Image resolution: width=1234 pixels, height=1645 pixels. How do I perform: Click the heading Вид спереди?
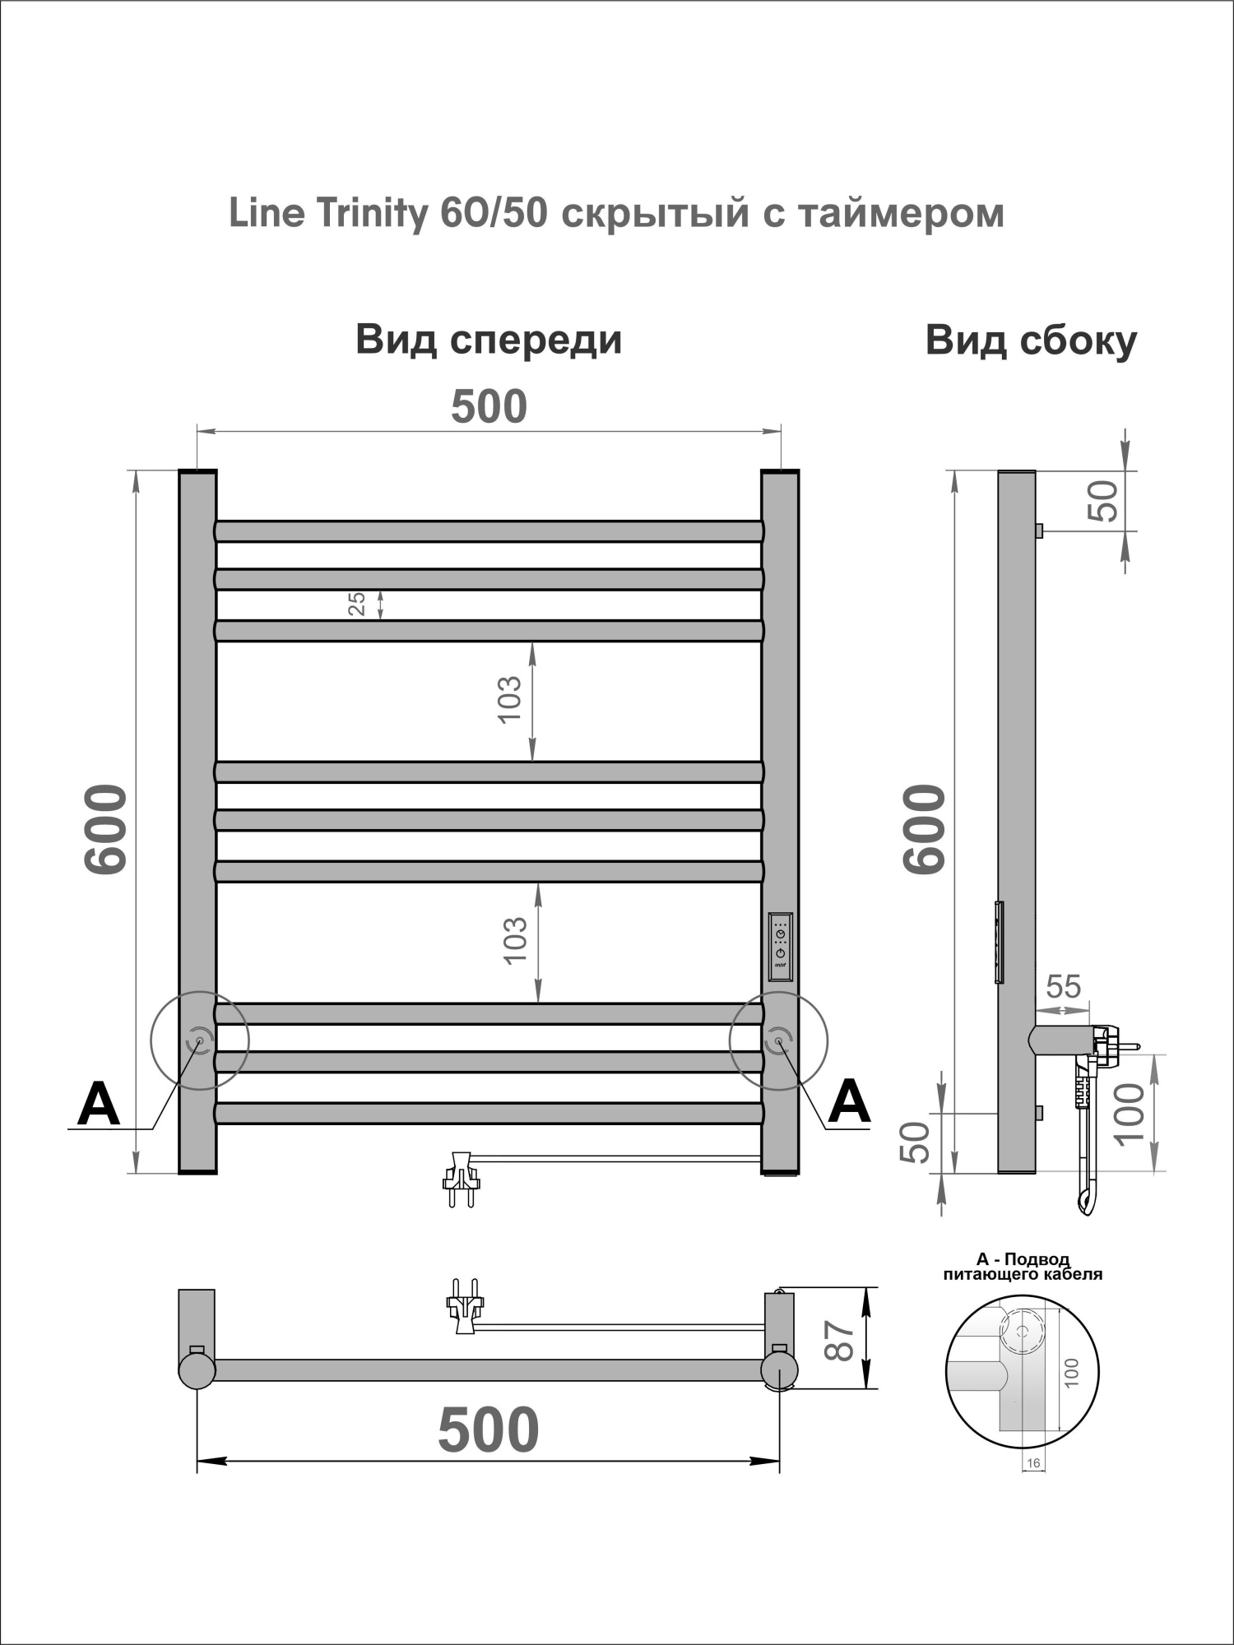(489, 340)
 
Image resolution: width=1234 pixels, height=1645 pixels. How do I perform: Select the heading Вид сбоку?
(1031, 340)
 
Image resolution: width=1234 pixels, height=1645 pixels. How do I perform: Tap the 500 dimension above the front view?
(489, 407)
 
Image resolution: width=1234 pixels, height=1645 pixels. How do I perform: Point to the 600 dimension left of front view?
(106, 829)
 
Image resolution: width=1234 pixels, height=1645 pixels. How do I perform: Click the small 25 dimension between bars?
(357, 605)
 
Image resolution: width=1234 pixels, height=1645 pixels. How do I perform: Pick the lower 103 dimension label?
(514, 941)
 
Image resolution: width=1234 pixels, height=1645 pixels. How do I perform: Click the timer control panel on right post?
(780, 947)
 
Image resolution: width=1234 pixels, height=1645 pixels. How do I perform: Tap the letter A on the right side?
(849, 1102)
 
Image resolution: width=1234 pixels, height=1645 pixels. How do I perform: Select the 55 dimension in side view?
(1064, 986)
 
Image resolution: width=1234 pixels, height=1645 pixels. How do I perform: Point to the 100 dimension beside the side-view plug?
(1131, 1112)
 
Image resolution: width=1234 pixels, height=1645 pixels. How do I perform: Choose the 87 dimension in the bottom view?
(840, 1341)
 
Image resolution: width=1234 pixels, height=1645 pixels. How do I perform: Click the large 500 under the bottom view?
(489, 1430)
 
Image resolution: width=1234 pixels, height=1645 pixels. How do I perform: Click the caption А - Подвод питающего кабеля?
(1023, 1267)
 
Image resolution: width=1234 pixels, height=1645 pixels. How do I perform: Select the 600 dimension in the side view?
(925, 829)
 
